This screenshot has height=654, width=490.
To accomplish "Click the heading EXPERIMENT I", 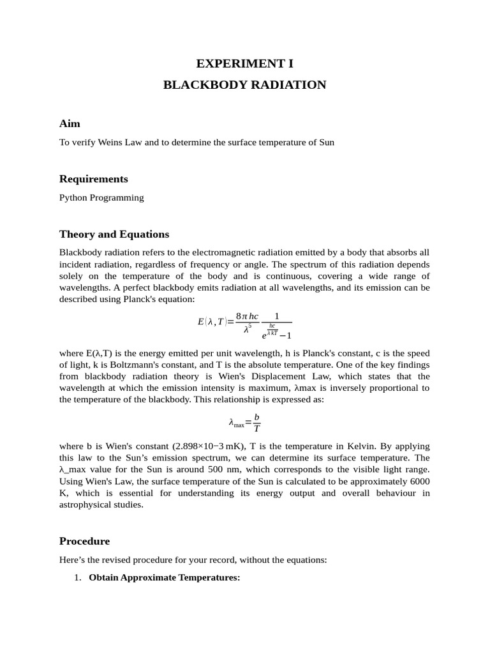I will pos(244,63).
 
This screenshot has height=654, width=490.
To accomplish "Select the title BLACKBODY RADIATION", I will pos(244,85).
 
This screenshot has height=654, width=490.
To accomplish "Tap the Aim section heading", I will pos(70,123).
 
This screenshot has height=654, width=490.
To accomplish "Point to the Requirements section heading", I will pos(93,179).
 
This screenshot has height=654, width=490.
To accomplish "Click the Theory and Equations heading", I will pos(114,234).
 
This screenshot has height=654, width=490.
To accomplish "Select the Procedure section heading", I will pos(84,541).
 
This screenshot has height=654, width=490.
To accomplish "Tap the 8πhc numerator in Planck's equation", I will pos(247,316).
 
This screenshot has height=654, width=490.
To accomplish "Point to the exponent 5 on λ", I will pos(250,326).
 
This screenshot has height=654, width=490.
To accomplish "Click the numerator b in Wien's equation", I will pos(256,417).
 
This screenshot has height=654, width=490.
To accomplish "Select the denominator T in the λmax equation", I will pos(256,429).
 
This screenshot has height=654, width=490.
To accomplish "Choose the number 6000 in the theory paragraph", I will pos(418,482).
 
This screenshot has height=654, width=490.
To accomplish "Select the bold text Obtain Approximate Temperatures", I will pos(164,578).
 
